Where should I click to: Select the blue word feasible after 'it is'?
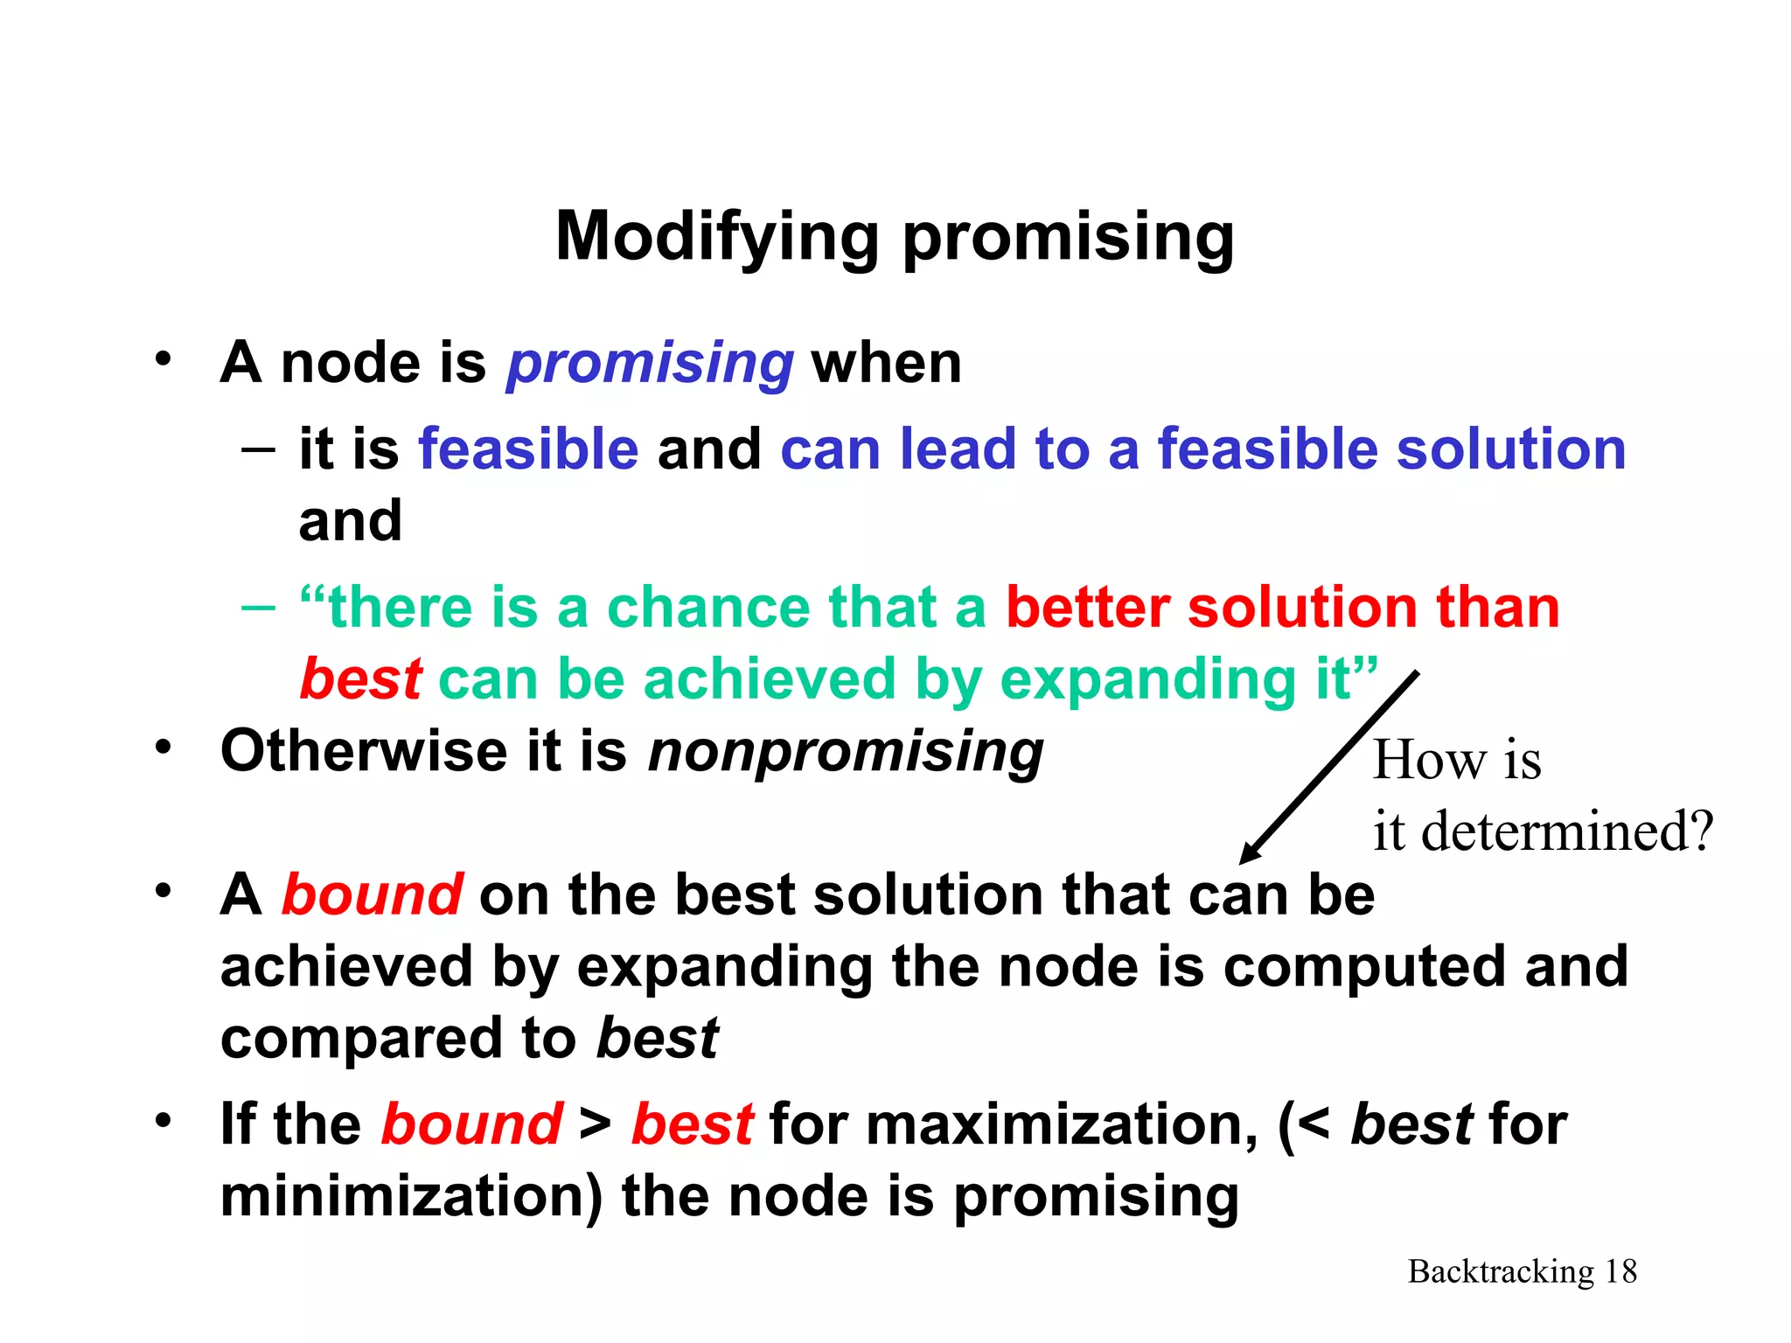528,449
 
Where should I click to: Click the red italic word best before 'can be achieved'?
361,679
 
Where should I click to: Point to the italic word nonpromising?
846,751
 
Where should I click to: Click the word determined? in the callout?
1566,832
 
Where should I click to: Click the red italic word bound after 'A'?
372,895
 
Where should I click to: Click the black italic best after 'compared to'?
657,1039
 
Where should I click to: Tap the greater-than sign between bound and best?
595,1125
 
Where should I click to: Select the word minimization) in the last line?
411,1197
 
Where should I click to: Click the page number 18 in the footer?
1620,1271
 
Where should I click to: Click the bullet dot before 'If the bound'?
163,1120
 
